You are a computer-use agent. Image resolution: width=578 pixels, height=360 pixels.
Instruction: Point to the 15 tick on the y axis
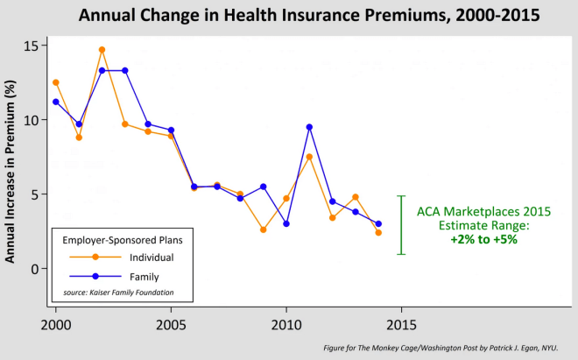coord(32,46)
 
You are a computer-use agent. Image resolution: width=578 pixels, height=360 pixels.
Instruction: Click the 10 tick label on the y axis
coord(32,120)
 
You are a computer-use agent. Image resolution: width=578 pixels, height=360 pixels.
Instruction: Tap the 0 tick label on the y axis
coord(36,269)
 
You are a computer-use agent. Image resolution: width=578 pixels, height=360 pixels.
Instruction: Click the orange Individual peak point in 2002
coord(102,50)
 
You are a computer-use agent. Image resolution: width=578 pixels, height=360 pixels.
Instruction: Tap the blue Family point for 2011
coord(309,127)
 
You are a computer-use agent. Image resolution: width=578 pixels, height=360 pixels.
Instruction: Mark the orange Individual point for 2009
coord(263,229)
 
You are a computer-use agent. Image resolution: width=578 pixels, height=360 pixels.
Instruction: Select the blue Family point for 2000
coord(56,102)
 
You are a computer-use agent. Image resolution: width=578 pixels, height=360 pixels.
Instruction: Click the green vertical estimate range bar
coord(401,225)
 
